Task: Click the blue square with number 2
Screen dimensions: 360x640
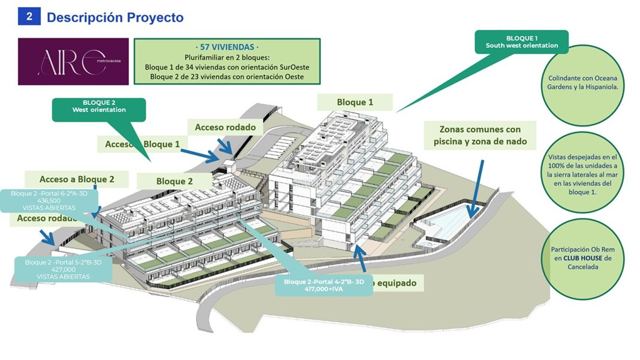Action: point(29,16)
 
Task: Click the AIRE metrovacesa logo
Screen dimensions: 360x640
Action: point(73,61)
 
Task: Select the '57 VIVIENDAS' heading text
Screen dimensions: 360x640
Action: point(227,47)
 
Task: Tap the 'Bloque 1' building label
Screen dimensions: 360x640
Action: point(355,102)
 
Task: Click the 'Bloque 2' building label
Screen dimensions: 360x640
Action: point(174,181)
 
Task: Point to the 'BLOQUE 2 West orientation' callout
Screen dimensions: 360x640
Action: point(99,106)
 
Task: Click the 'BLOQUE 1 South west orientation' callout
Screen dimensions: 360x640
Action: point(521,42)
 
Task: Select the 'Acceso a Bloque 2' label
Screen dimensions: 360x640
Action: point(77,179)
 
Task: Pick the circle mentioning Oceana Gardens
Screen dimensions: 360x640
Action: point(582,83)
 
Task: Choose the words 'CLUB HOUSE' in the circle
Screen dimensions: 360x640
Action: point(582,258)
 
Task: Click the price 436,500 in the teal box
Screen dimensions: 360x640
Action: point(49,201)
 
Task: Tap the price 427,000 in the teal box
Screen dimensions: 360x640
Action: point(63,270)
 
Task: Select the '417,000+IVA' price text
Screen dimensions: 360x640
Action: point(324,289)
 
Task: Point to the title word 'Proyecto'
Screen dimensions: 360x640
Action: point(155,17)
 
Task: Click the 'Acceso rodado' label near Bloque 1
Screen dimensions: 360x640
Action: point(225,127)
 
